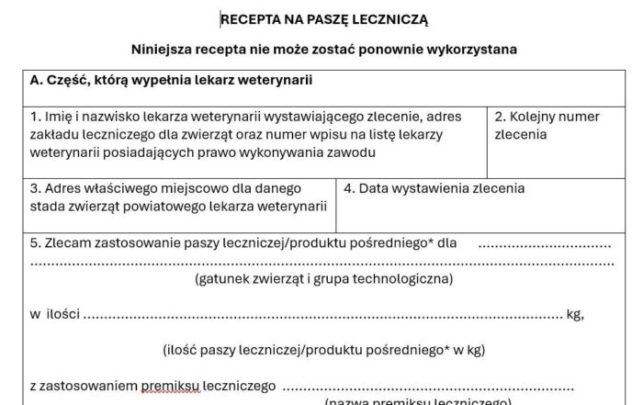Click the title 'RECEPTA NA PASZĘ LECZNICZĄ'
324,18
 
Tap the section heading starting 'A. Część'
171,80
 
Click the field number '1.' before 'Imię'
36,117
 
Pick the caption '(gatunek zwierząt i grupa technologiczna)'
323,278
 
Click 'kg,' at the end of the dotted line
575,314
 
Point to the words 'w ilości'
55,314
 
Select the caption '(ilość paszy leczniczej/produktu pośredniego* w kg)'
323,350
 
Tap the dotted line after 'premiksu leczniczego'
427,388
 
